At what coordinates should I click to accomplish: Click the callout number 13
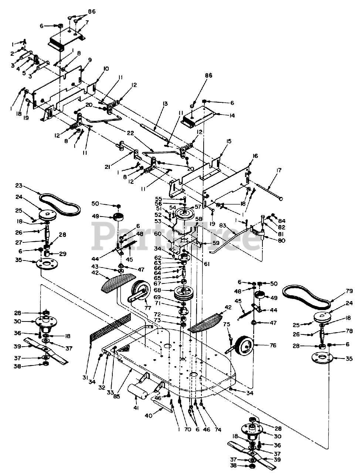click(165, 104)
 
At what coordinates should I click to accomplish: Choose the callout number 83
click(223, 226)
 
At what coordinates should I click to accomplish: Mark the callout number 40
click(148, 415)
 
